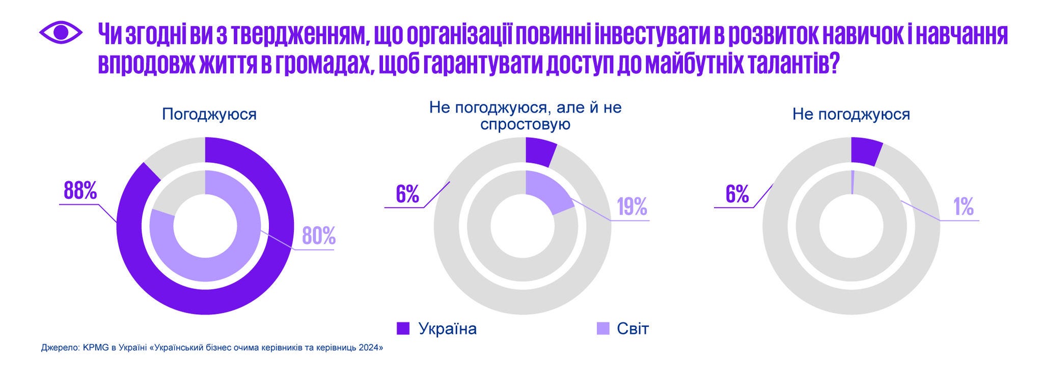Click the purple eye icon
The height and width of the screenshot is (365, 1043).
pos(60,33)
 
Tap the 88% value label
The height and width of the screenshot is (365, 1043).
pos(80,191)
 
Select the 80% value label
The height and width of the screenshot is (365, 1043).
pos(319,236)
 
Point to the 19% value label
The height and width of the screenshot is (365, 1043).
pos(632,207)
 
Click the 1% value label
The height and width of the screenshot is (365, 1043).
pos(964,207)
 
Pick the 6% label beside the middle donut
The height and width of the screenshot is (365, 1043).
pos(407,194)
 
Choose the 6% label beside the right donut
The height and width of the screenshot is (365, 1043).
pos(736,194)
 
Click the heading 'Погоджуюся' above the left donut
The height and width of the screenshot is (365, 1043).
pos(209,114)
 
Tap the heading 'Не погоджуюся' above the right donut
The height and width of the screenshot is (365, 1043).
pos(850,114)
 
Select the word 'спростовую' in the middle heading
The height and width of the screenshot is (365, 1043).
pos(525,124)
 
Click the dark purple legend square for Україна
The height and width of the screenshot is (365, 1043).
pos(403,328)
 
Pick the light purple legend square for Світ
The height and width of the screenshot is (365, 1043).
pos(603,328)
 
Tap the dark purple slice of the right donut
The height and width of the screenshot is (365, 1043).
pos(866,151)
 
